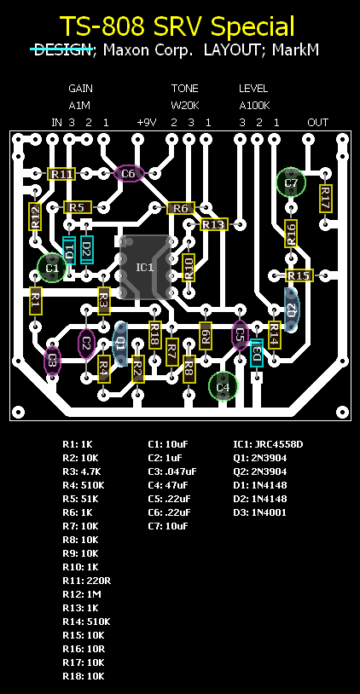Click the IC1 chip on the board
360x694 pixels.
(145, 267)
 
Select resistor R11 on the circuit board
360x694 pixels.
(61, 174)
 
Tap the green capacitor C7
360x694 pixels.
(291, 182)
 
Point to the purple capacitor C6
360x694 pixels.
(129, 174)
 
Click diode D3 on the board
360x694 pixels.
(257, 353)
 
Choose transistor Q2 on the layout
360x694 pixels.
(292, 309)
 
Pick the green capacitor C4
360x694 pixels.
(224, 386)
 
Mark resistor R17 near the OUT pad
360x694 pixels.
(326, 199)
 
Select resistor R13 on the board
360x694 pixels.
(214, 224)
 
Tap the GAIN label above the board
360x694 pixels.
(80, 89)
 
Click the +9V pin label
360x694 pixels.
(147, 122)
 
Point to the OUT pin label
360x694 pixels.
(318, 122)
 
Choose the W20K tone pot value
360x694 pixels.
(184, 106)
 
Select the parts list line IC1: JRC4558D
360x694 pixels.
(269, 444)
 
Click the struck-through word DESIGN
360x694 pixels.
(62, 49)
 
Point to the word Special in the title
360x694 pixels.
(253, 26)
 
